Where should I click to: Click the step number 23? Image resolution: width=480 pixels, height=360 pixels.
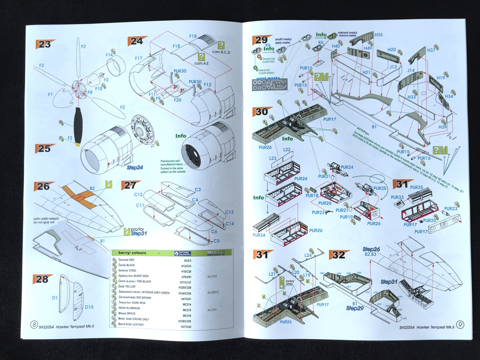[44, 44]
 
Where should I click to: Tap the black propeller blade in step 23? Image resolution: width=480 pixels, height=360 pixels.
[78, 121]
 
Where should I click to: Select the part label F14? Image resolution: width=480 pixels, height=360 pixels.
[110, 55]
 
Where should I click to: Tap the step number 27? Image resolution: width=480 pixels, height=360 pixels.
[129, 185]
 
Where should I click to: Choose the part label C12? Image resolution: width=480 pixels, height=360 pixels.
[138, 194]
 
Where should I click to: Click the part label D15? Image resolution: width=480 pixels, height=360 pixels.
[89, 307]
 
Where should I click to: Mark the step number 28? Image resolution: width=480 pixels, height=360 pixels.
[43, 279]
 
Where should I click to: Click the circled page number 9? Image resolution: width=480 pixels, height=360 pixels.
[461, 325]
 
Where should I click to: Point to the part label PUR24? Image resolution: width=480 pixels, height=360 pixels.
[347, 167]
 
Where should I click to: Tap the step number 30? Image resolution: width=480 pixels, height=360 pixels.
[261, 111]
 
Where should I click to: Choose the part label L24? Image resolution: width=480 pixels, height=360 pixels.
[308, 255]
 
